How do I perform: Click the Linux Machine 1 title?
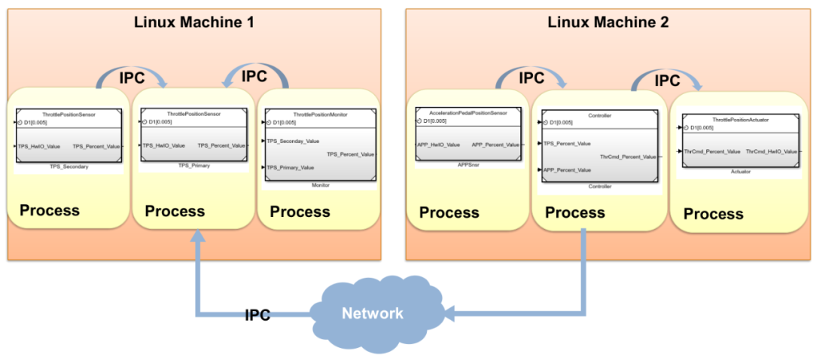coord(194,22)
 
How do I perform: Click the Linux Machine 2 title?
coord(608,22)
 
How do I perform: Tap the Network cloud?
coord(373,313)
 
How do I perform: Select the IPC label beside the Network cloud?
coord(257,316)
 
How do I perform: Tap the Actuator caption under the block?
coord(740,172)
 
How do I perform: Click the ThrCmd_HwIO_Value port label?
coord(772,151)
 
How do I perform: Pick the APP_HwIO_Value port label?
coord(438,145)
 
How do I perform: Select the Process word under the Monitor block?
coord(300,212)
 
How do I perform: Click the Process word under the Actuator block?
coord(713,214)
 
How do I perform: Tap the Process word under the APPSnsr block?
coord(449,212)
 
